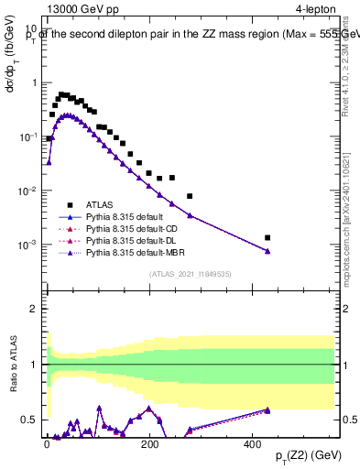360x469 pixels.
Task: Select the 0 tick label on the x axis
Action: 48,442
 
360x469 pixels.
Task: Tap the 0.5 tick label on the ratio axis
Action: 31,420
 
